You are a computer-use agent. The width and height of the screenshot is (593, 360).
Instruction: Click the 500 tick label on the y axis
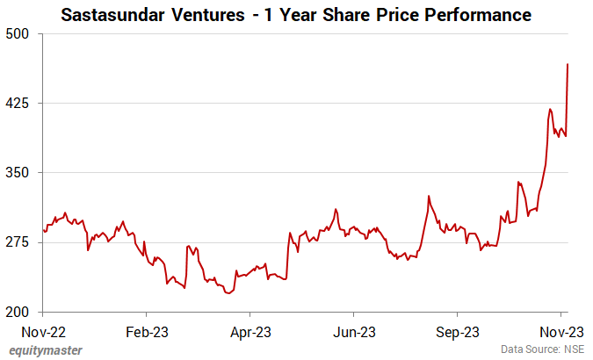pos(19,33)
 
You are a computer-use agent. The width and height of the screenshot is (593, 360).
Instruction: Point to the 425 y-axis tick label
pos(19,103)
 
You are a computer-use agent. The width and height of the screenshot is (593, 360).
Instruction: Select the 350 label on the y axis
pos(19,173)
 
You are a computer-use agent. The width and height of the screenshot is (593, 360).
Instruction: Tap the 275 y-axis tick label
pos(19,242)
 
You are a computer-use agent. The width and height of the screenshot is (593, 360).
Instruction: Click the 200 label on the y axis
pos(19,312)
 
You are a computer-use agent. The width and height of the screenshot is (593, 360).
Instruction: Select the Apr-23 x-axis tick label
pos(249,332)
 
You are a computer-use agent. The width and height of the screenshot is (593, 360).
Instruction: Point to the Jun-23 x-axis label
pos(353,332)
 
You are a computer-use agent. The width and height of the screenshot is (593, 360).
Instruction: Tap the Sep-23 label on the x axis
pos(457,332)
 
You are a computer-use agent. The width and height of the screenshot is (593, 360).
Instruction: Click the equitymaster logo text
pos(46,350)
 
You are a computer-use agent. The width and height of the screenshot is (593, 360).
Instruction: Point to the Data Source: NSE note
pos(542,349)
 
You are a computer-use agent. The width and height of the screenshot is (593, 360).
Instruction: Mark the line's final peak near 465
pos(568,64)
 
